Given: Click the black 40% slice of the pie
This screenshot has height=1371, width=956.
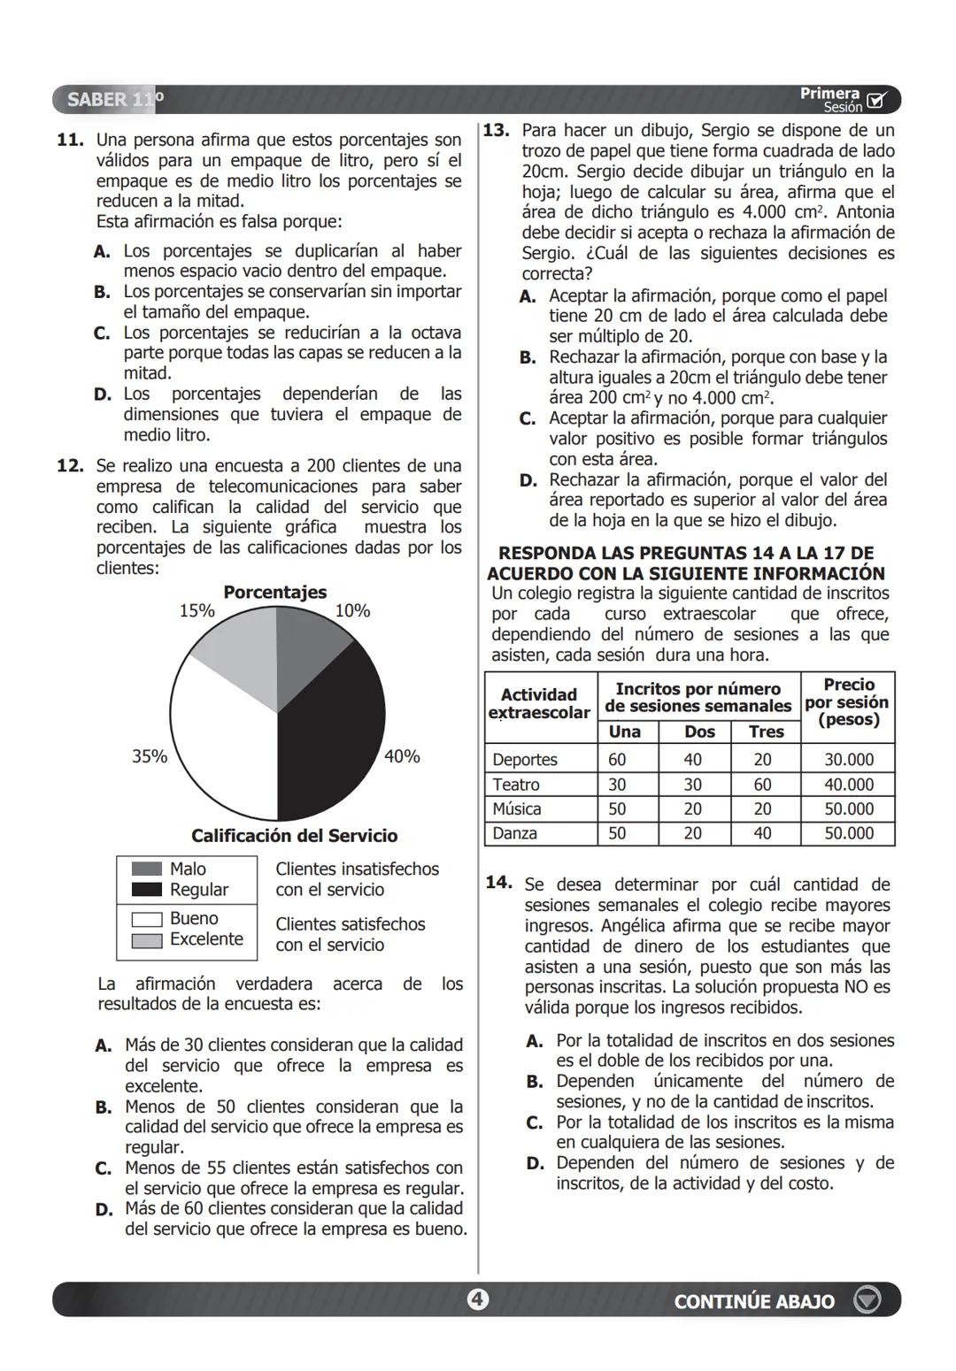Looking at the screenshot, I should (x=332, y=734).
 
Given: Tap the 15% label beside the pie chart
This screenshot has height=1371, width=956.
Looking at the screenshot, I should (x=197, y=610).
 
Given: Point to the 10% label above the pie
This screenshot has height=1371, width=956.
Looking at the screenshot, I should (x=352, y=610).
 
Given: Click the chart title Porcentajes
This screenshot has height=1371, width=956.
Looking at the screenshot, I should (x=274, y=592).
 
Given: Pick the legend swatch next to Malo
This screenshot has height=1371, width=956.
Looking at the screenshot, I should (x=147, y=869).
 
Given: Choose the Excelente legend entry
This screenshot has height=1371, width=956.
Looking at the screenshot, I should (x=205, y=939).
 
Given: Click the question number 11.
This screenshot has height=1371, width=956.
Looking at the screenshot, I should (x=70, y=140).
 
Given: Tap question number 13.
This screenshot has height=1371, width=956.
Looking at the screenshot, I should (x=496, y=130).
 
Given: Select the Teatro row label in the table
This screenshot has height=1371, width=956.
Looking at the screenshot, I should (x=516, y=785).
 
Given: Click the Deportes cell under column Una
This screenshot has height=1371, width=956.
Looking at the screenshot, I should (x=617, y=760).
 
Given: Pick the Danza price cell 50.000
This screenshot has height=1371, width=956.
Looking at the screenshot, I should (x=848, y=833).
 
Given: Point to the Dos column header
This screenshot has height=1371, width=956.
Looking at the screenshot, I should (x=699, y=731).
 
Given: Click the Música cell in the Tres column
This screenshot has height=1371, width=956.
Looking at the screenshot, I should (x=762, y=808).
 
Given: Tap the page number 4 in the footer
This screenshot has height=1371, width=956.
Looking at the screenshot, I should (x=477, y=1299).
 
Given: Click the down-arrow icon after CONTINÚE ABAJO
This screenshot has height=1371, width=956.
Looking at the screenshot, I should (x=867, y=1300).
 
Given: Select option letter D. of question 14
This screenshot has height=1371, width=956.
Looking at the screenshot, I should (x=535, y=1163).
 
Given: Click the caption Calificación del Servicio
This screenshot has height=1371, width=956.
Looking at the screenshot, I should (x=294, y=835).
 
